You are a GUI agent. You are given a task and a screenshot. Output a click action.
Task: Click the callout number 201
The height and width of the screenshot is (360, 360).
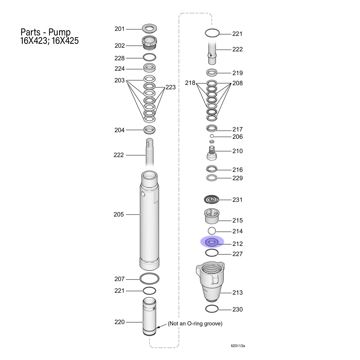pos(119,29)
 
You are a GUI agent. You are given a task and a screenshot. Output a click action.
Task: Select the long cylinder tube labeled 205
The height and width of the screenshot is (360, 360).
pos(149,220)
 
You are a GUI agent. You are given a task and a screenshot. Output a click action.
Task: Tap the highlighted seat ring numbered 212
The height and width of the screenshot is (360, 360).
pos(211,242)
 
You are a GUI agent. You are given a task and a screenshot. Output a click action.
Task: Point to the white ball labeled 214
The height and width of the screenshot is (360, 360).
pos(212,231)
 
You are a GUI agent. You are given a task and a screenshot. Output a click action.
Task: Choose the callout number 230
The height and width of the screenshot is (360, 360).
pos(237,309)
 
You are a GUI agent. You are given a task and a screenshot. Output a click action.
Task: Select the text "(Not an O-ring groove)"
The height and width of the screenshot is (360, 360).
pos(195,323)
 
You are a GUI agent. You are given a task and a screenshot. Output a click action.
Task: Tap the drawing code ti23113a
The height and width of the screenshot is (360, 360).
pos(238,346)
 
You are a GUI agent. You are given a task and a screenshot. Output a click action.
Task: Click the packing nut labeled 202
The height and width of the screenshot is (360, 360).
pos(149,43)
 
